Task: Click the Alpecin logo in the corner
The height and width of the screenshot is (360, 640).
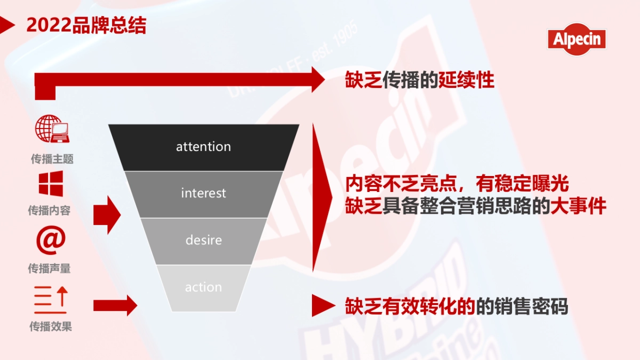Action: [x=577, y=39]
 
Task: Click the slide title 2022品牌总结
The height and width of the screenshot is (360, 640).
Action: [x=85, y=26]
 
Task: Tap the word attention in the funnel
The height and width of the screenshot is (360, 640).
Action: [x=203, y=147]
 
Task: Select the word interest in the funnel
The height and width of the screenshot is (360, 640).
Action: [x=203, y=193]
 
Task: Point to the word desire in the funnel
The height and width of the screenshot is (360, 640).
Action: [x=203, y=240]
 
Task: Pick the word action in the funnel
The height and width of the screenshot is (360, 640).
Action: [x=203, y=287]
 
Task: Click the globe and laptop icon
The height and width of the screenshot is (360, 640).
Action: [x=52, y=130]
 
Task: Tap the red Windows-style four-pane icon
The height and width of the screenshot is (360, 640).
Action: [x=51, y=183]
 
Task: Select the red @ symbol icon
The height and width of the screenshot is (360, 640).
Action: [x=51, y=240]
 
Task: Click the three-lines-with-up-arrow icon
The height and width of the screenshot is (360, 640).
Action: [x=51, y=299]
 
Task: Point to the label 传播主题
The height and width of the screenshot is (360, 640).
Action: [x=52, y=158]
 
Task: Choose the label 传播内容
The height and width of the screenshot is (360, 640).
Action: [x=49, y=211]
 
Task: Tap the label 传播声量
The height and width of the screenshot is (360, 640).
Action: [x=49, y=269]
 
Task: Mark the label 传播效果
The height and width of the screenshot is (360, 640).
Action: [x=50, y=326]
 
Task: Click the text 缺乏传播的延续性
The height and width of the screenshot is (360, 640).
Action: [x=420, y=80]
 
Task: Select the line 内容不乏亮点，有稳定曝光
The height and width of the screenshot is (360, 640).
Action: [x=457, y=184]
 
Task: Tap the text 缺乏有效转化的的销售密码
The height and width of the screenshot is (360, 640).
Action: [x=456, y=307]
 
